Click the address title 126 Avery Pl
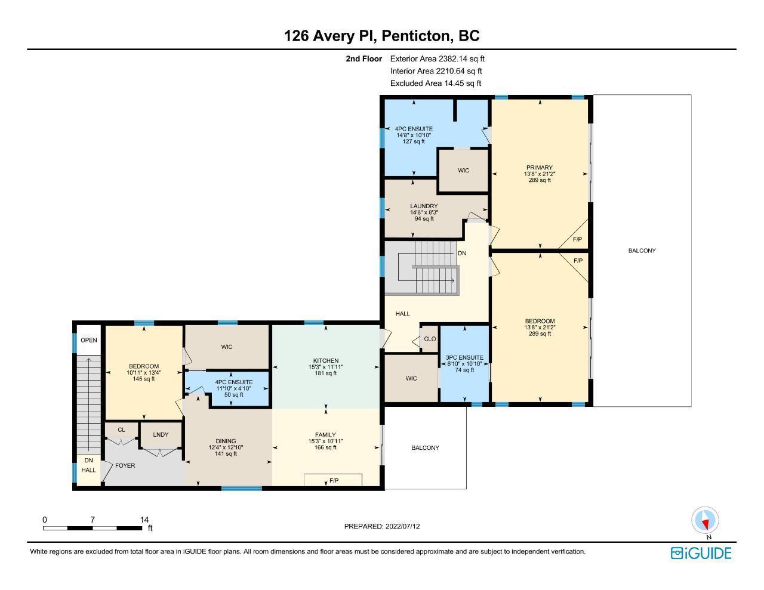coord(331,36)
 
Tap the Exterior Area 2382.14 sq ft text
coord(438,58)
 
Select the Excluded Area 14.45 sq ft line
coord(436,84)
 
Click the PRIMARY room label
coord(540,168)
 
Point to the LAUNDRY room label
coord(424,206)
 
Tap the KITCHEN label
coord(326,360)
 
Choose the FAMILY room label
coord(325,435)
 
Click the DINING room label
coord(226,441)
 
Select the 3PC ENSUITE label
coord(464,357)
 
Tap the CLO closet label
coord(430,339)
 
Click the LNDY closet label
coord(161,435)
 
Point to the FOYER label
coord(125,465)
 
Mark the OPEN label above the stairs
coord(88,340)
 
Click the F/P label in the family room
coord(334,480)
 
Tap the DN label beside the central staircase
coord(462,253)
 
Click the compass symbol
coord(705,520)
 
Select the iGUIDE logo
coord(701,553)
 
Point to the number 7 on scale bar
coord(93,520)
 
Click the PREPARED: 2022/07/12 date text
coord(382,526)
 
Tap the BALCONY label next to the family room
coord(425,447)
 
